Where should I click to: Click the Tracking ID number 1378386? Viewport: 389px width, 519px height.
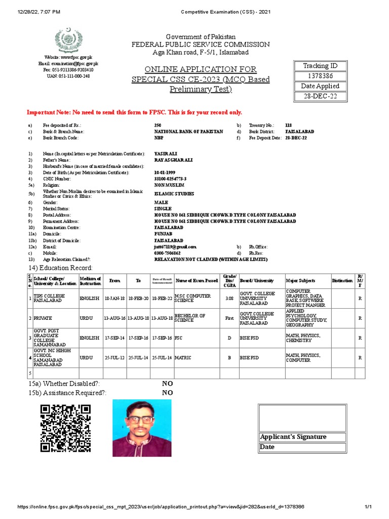coord(321,76)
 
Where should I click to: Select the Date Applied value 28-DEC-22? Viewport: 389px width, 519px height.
coord(321,96)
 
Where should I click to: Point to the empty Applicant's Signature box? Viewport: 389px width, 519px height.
coord(302,418)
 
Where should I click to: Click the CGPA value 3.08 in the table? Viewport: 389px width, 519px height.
coord(229,299)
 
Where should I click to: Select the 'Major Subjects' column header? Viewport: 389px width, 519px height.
coord(300,280)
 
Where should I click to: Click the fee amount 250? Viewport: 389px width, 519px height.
coord(158,125)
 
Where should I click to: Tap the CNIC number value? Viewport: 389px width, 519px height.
coord(170,179)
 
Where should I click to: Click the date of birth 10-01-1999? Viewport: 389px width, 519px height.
coord(165,173)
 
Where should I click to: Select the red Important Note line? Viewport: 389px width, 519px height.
coord(134,112)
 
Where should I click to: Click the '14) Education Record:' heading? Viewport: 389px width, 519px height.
coord(61,267)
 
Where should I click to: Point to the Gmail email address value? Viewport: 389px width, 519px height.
coord(175,246)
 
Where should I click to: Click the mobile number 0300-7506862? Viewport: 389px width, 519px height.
coord(168,252)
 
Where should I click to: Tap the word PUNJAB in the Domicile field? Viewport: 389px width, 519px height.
coord(163,234)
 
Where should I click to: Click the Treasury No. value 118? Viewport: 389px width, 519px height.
coord(289,125)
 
